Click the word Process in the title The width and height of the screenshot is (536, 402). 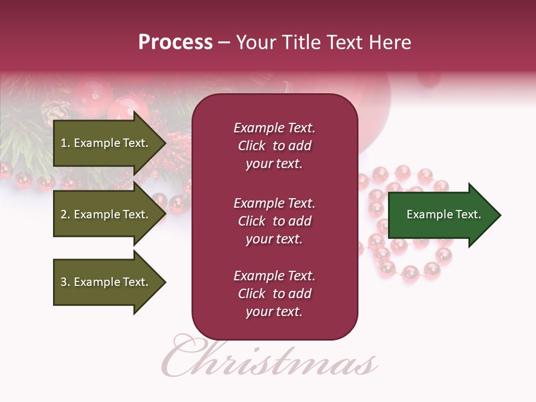[x=175, y=42]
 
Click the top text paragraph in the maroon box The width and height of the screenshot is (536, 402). [x=274, y=146]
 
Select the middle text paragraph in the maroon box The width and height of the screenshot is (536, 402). [x=274, y=221]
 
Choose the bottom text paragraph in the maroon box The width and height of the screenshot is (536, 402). [x=274, y=294]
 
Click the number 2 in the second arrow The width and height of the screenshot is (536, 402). [x=64, y=214]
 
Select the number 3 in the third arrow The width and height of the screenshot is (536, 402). [x=64, y=282]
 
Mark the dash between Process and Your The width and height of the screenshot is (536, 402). [x=224, y=43]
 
